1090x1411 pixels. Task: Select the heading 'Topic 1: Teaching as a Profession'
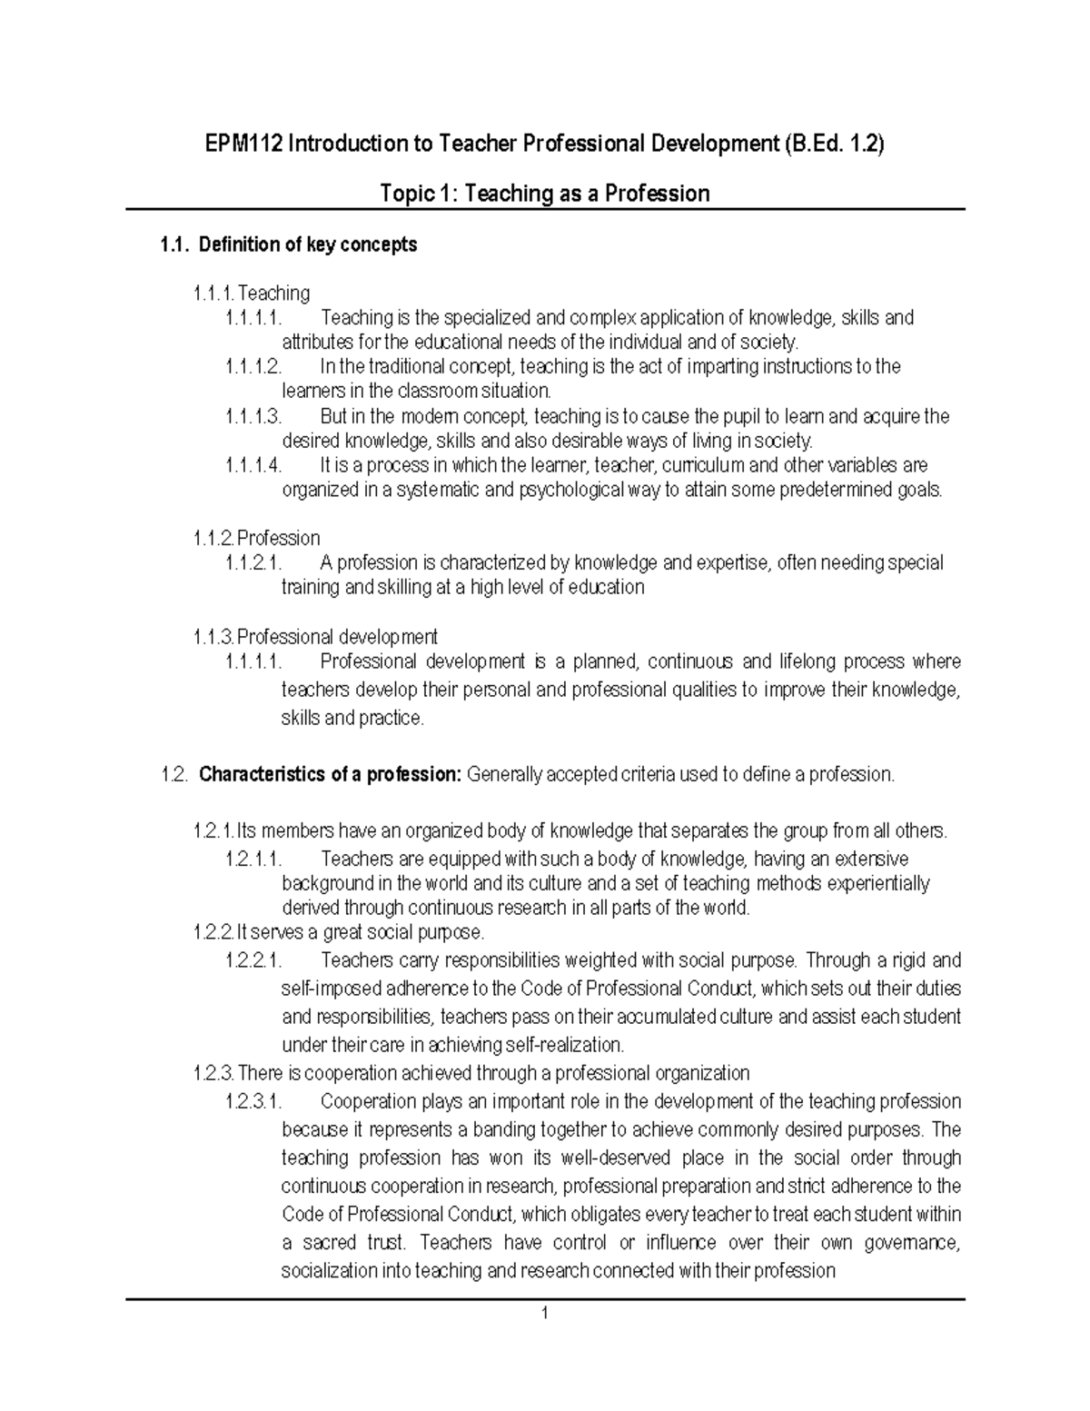(x=544, y=194)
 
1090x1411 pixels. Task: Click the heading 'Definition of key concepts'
(x=307, y=244)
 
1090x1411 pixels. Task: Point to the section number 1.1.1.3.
(x=253, y=417)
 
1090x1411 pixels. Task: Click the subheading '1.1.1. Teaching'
(x=252, y=293)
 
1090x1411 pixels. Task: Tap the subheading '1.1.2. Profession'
(x=256, y=538)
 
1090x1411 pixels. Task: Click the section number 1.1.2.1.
(x=253, y=563)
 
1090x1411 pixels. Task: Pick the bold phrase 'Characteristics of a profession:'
(x=331, y=775)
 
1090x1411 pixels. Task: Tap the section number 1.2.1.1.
(x=253, y=859)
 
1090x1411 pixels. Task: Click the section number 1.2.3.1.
(x=253, y=1102)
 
